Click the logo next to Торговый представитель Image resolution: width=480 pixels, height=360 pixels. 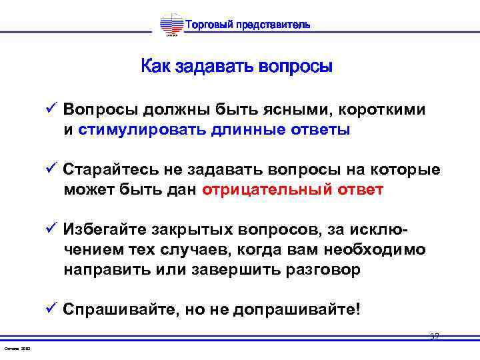[171, 26]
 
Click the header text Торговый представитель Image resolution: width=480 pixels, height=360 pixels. [246, 25]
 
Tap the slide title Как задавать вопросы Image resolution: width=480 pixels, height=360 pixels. [237, 67]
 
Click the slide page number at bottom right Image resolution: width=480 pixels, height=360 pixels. [434, 337]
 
